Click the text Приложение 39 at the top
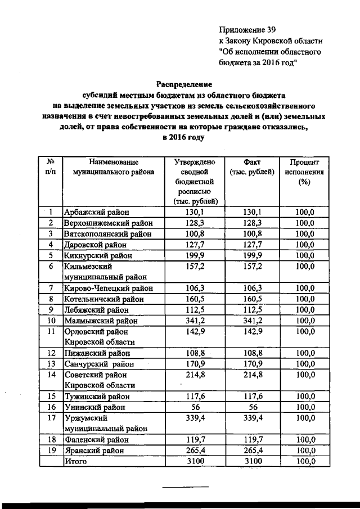click(x=247, y=28)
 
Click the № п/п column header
click(x=50, y=166)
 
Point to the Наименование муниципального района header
click(x=113, y=166)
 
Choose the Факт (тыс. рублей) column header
click(x=252, y=166)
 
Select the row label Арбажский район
click(x=97, y=212)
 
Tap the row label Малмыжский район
click(x=101, y=321)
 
